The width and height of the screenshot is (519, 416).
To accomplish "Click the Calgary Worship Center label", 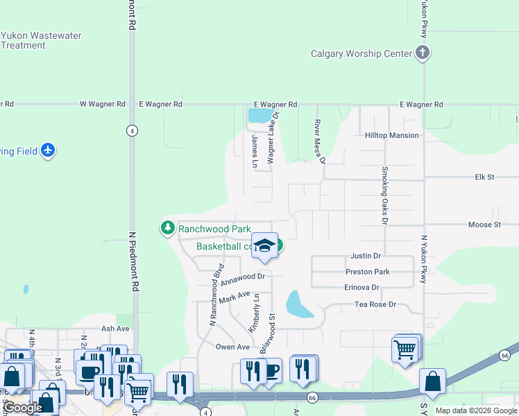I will tap(360, 53).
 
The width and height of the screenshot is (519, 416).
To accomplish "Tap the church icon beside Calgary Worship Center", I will tap(423, 53).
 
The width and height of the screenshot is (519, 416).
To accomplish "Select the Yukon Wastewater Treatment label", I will tap(42, 40).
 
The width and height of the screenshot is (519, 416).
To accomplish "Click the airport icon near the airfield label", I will tap(47, 150).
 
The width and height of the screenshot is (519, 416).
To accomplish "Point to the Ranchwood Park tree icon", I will tap(167, 227).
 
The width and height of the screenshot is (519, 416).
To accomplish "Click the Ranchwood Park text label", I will tap(214, 228).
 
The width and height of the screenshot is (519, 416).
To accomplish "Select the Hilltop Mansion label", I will tap(392, 136).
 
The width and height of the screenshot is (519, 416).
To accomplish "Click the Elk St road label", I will tap(485, 177).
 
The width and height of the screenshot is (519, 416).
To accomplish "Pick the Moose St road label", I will tap(484, 225).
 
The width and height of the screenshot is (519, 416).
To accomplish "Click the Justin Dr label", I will tap(366, 256).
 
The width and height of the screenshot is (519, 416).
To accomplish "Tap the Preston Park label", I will tap(367, 272).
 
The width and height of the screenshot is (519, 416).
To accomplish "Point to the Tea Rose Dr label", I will tap(375, 304).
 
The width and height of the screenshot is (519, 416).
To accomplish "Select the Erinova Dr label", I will tap(361, 287).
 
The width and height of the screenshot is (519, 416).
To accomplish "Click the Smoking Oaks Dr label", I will tap(384, 196).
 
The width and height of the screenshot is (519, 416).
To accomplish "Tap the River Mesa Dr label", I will tap(320, 141).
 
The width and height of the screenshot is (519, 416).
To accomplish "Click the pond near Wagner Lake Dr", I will tap(259, 114).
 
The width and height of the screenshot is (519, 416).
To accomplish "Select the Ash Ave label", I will tap(115, 329).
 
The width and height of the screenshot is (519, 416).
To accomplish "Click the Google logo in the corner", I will tap(24, 408).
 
